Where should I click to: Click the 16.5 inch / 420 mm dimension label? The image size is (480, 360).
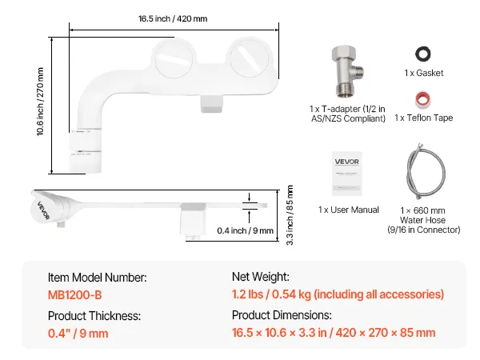click(x=173, y=18)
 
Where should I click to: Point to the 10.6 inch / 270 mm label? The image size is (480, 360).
click(x=40, y=102)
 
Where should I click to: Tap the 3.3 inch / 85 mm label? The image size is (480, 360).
click(x=290, y=215)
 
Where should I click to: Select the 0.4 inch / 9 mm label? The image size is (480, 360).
click(x=246, y=230)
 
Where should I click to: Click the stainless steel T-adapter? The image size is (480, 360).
click(x=347, y=71)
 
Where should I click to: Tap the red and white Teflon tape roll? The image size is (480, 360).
click(x=422, y=99)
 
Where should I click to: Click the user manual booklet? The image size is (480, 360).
click(x=347, y=174)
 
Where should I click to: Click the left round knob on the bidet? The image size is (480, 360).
click(x=174, y=58)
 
